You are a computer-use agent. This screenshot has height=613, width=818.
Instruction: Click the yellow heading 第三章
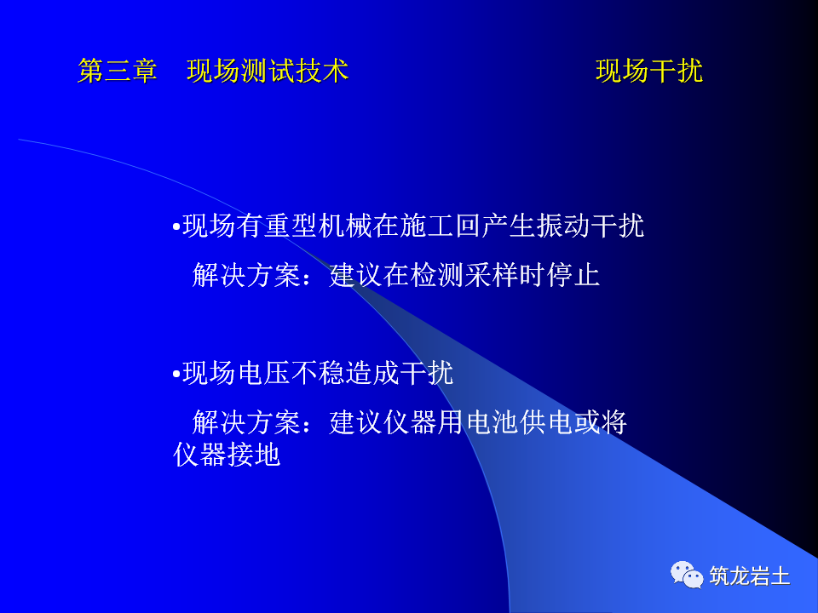coord(118,71)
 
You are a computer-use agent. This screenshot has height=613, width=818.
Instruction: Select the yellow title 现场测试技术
coord(268,71)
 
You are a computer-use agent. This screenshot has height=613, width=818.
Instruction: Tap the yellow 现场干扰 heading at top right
coord(649,71)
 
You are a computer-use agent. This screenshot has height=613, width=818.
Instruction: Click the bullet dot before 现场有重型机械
coord(176,228)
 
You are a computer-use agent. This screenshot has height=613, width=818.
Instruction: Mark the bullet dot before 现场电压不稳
coord(176,375)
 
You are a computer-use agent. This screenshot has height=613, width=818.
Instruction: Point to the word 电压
coord(262,373)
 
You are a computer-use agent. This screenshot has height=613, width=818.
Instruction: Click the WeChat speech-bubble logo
coord(687,575)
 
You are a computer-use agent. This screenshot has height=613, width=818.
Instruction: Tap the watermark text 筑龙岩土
coord(750,576)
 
